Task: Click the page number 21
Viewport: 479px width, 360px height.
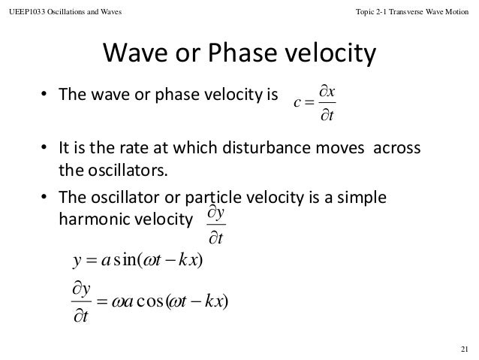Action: [462, 347]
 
